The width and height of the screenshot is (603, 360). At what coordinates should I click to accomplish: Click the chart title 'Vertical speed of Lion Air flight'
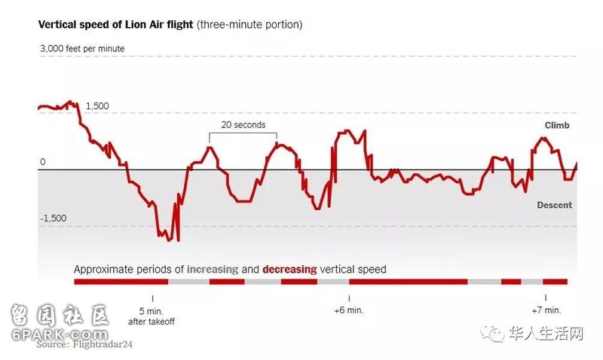115,25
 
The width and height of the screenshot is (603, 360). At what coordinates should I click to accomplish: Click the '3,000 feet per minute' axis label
82,49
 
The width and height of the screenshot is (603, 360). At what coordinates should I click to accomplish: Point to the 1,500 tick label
97,106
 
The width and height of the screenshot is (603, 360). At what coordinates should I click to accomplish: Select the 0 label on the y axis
43,162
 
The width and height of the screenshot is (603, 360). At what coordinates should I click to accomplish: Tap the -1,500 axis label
54,218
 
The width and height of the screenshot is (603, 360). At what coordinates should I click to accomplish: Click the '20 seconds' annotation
243,125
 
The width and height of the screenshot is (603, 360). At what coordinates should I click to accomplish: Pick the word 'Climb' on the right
557,126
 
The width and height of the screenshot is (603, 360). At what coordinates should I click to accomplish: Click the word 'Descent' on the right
554,205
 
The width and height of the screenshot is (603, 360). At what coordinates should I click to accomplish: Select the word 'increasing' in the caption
213,269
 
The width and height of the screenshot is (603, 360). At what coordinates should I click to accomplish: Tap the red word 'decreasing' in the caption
290,269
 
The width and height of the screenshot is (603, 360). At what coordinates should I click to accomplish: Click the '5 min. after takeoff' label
152,316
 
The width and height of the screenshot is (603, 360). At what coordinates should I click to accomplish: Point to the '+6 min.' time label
349,310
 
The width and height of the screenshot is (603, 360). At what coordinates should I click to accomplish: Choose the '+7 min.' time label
546,310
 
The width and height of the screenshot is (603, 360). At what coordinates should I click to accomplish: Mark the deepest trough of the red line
178,240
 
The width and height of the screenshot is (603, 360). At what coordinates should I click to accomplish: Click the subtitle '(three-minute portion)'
249,25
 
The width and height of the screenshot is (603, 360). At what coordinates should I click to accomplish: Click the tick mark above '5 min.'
152,298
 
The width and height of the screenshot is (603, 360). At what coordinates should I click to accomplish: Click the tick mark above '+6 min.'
349,298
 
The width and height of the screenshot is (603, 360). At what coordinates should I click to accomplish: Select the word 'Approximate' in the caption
104,269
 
